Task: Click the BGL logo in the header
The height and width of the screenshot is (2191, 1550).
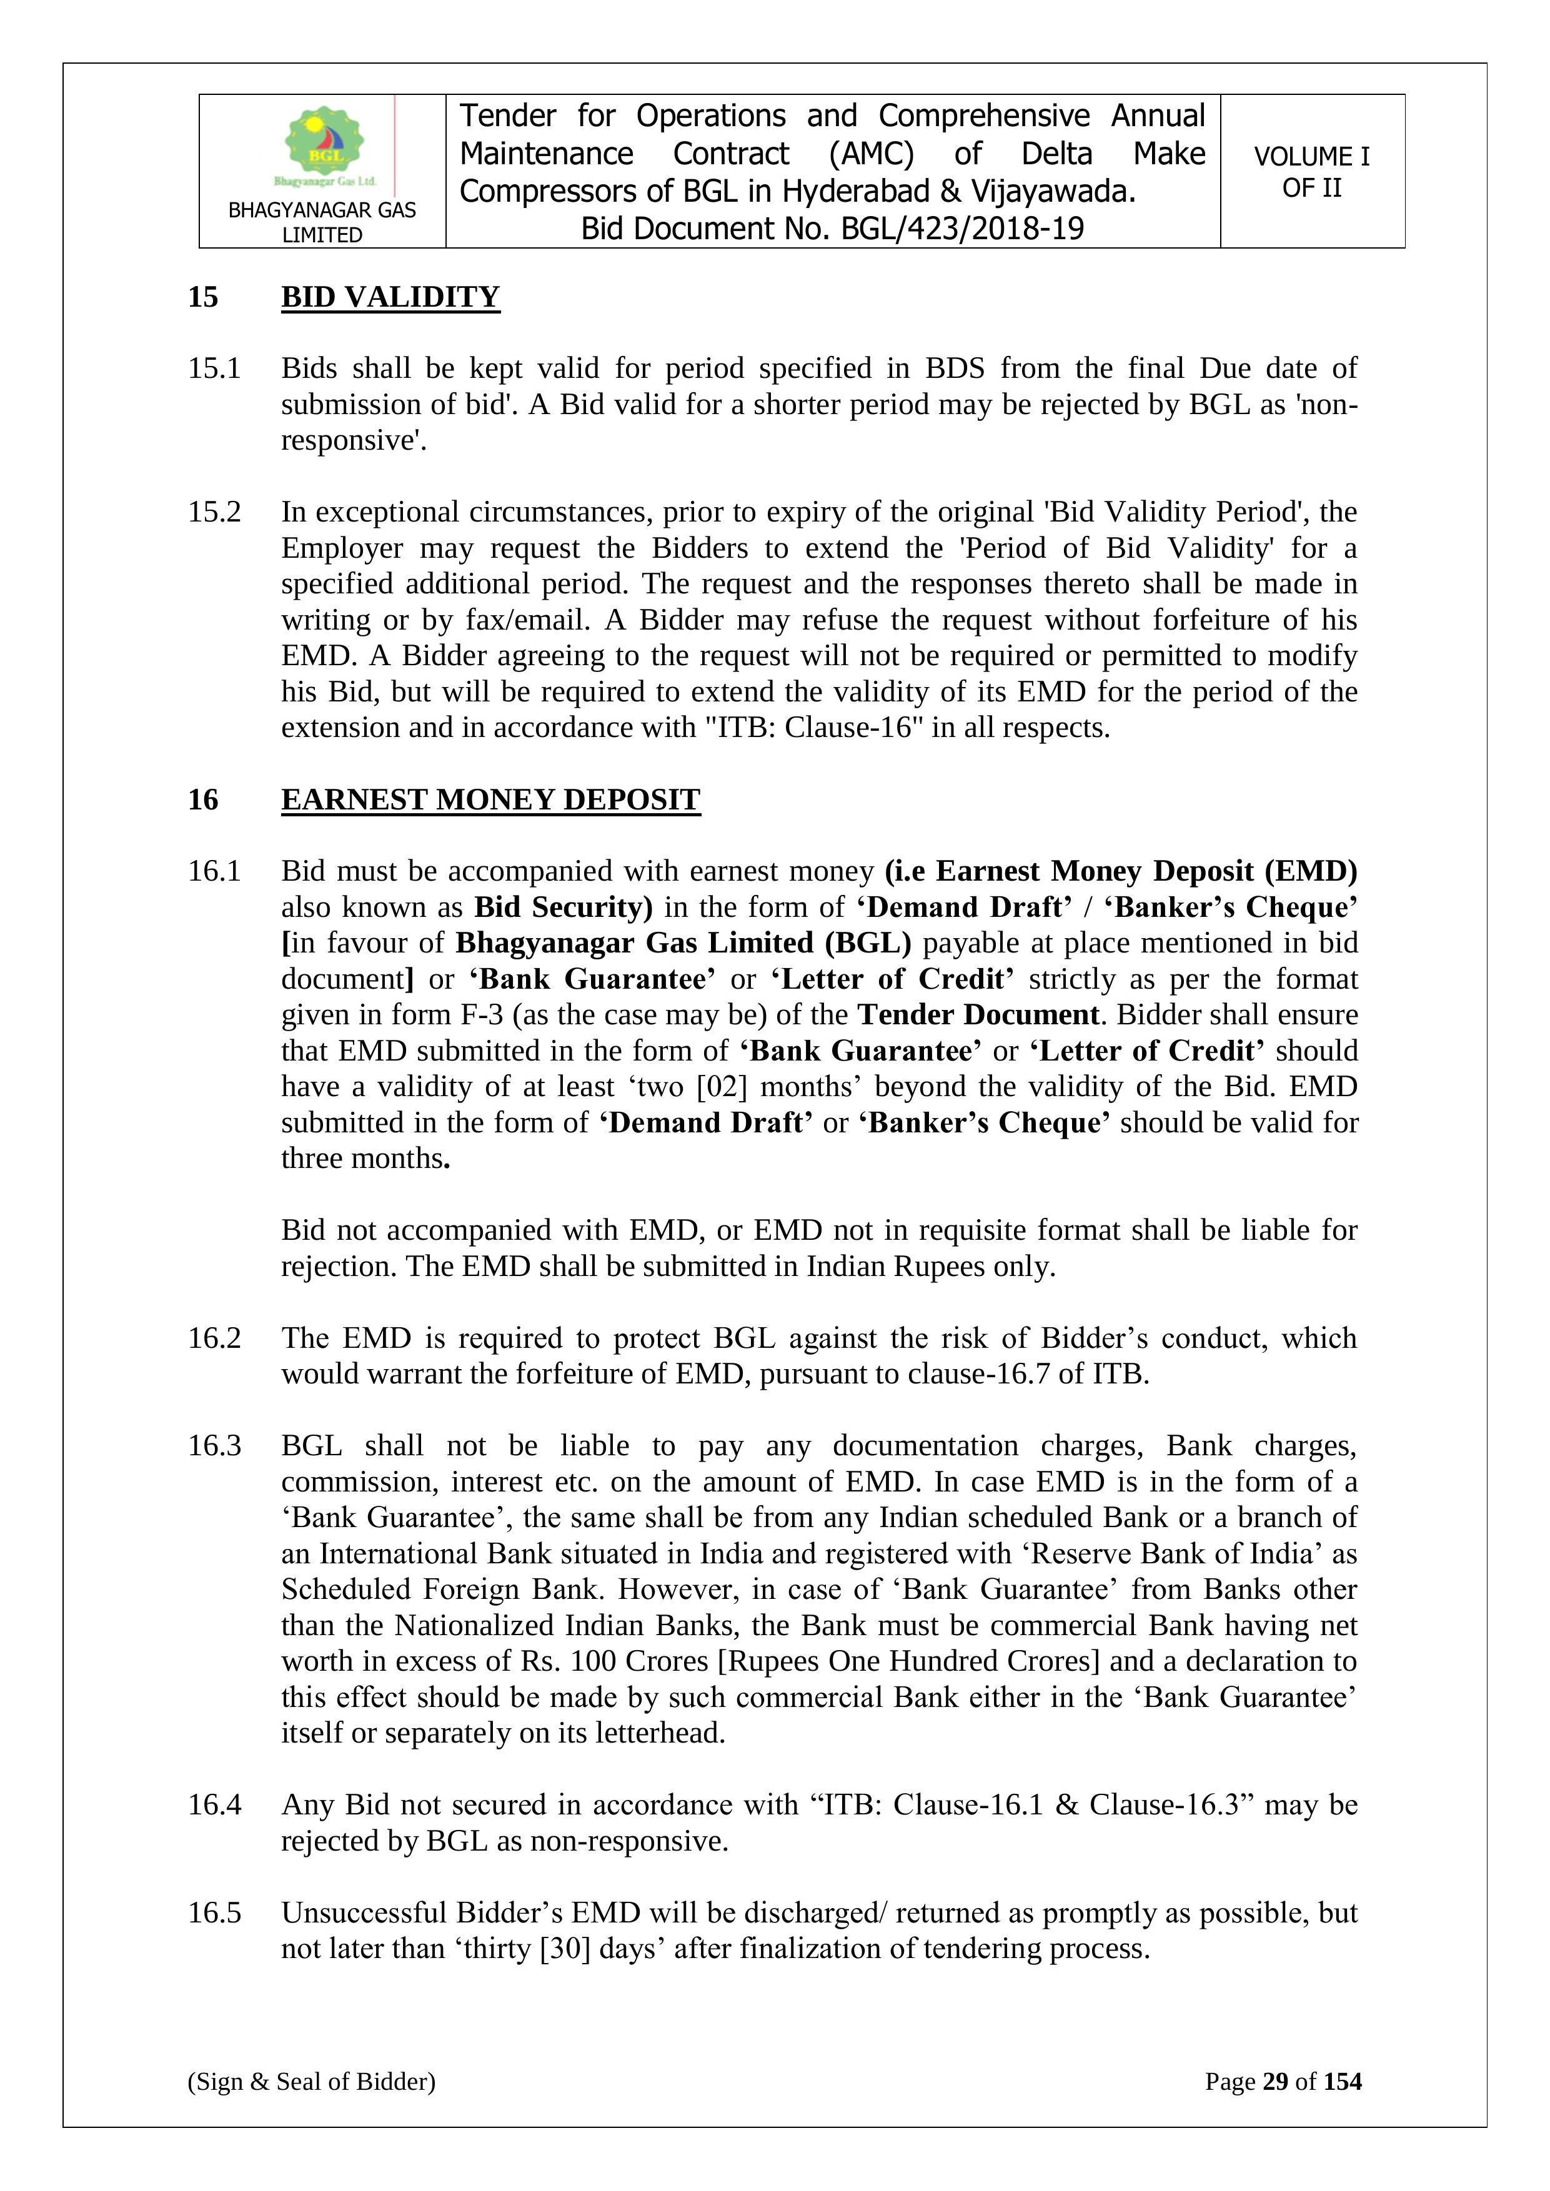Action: [324, 146]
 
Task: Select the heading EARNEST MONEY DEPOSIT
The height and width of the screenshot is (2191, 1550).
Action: [490, 799]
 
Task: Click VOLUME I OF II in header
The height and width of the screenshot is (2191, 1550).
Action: [1311, 172]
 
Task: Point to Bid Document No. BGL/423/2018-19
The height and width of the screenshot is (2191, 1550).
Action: [832, 229]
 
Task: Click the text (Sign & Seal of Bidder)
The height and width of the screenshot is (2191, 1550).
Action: [311, 2081]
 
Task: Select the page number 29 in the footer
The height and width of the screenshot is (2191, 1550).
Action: [1275, 2081]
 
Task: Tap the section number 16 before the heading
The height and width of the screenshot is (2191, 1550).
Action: [202, 799]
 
